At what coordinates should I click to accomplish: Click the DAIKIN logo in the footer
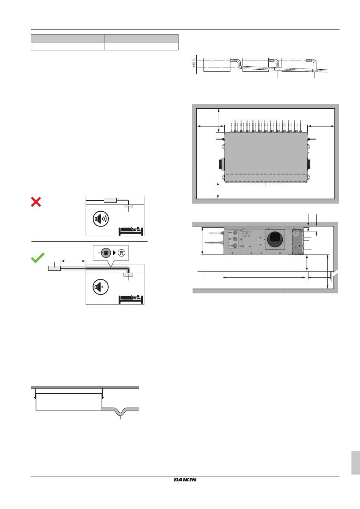click(185, 480)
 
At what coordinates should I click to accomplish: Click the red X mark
click(36, 202)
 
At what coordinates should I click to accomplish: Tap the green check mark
click(38, 258)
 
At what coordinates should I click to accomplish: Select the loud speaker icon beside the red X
click(101, 219)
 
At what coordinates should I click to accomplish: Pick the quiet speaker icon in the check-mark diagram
click(101, 287)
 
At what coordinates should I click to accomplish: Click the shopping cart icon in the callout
click(121, 253)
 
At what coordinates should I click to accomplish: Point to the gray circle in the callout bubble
click(105, 253)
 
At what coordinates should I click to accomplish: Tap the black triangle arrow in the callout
click(114, 253)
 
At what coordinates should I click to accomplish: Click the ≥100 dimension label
click(194, 63)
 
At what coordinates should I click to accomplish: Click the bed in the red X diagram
click(131, 231)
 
